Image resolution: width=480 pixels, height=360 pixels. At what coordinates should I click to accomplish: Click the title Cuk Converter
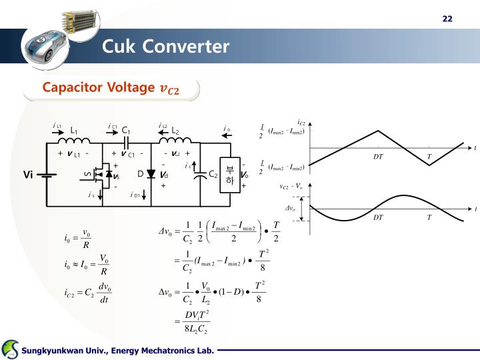pos(165,47)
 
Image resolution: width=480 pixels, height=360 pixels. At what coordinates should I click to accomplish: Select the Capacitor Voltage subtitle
pos(111,88)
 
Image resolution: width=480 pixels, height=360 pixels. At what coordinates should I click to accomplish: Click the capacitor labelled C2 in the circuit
pos(199,175)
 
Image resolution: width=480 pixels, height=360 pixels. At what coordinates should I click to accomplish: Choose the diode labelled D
pos(151,175)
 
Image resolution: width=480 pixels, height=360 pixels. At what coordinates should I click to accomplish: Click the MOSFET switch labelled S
pos(98,175)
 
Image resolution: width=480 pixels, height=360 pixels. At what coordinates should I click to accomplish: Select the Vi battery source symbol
pos(47,175)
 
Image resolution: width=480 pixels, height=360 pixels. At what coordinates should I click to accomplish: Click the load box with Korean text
pos(229,175)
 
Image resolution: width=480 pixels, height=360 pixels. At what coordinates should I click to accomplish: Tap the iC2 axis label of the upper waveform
pos(301,123)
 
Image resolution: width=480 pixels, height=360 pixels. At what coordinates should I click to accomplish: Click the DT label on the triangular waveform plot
pos(379,156)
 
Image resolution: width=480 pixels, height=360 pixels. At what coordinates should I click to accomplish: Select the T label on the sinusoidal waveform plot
pos(429,217)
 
